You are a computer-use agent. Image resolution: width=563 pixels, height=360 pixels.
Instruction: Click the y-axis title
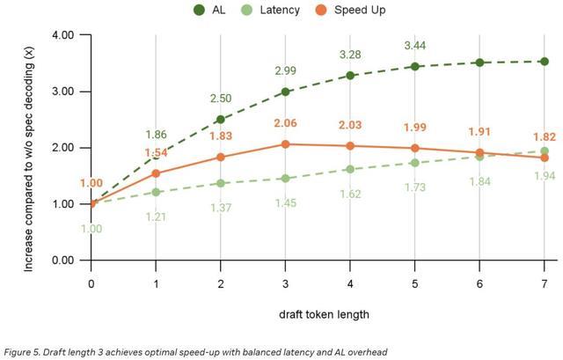click(29, 147)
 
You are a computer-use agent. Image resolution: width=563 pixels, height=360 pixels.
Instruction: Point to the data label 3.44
click(416, 45)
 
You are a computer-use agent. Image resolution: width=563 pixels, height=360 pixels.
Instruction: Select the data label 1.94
click(545, 177)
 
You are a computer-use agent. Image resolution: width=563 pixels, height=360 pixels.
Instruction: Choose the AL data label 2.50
click(221, 99)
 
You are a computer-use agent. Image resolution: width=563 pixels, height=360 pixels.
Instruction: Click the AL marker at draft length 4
click(351, 76)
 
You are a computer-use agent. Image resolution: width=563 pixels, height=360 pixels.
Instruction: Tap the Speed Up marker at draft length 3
click(286, 144)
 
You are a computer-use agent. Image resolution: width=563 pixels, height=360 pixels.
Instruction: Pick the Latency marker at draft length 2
click(221, 183)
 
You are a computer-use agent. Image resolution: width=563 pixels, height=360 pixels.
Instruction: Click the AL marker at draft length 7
click(545, 62)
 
